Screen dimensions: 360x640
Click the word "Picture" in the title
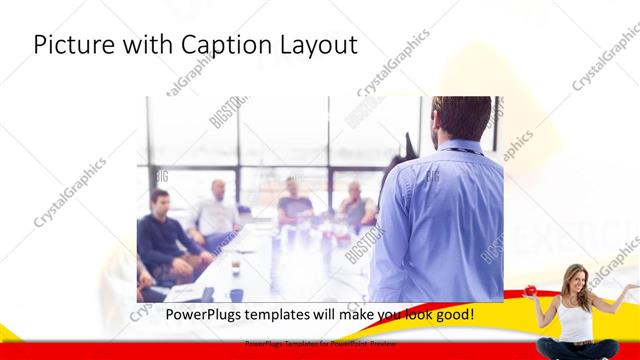[69, 45]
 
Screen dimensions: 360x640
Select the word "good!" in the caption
[452, 315]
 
